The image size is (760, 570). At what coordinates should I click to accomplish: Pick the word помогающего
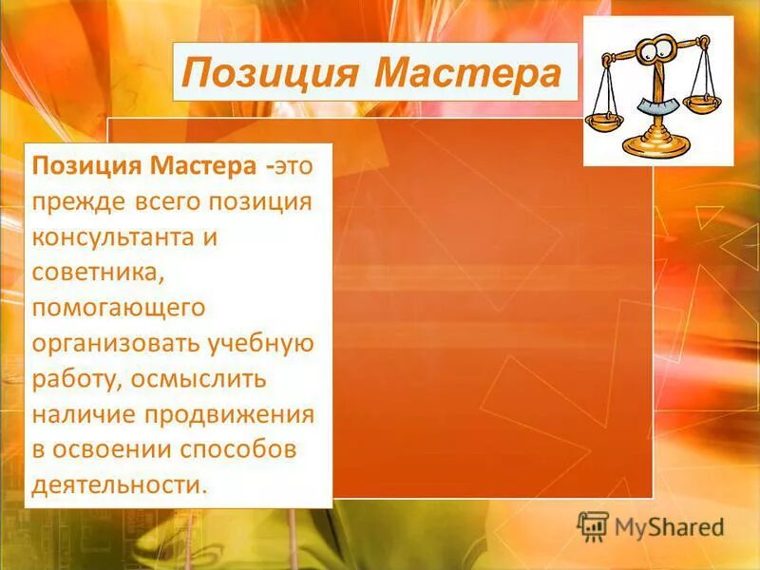click(119, 308)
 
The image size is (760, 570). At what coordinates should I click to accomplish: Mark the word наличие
click(84, 414)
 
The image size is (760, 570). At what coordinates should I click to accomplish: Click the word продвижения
click(229, 414)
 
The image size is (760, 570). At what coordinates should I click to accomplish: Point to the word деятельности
click(117, 484)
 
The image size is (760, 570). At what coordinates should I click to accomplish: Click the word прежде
click(76, 201)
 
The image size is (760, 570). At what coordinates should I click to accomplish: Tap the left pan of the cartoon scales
click(604, 122)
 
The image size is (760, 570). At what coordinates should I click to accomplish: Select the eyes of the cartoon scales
click(655, 57)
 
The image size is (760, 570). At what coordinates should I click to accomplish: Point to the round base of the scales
click(655, 144)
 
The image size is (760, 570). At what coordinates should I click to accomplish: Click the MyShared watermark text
click(669, 526)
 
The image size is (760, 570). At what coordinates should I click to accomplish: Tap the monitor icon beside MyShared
click(593, 525)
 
